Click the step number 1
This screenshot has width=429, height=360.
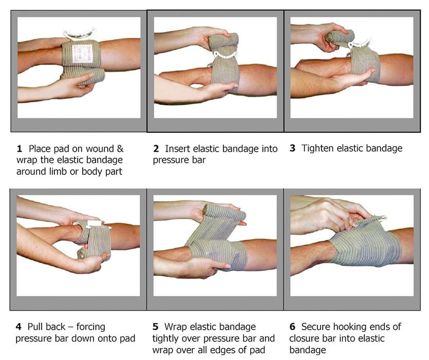pos(20,149)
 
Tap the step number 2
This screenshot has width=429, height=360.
pos(156,149)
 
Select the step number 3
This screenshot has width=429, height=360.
pos(292,149)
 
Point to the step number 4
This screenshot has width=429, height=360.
pos(19,327)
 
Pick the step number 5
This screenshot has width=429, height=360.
pos(156,327)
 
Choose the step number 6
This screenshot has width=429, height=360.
pos(292,327)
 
